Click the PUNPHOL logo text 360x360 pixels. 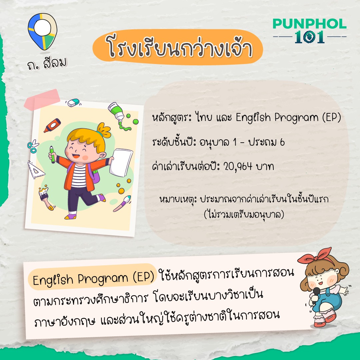(x=309, y=24)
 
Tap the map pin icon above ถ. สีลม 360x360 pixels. (x=42, y=31)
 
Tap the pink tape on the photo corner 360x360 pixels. (x=42, y=99)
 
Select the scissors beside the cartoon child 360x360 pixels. (x=33, y=146)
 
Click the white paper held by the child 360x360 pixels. (x=121, y=162)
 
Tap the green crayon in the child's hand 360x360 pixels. (x=52, y=155)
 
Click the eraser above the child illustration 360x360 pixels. (x=73, y=103)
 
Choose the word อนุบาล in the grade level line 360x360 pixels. (x=214, y=143)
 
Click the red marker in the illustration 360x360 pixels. (x=52, y=125)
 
